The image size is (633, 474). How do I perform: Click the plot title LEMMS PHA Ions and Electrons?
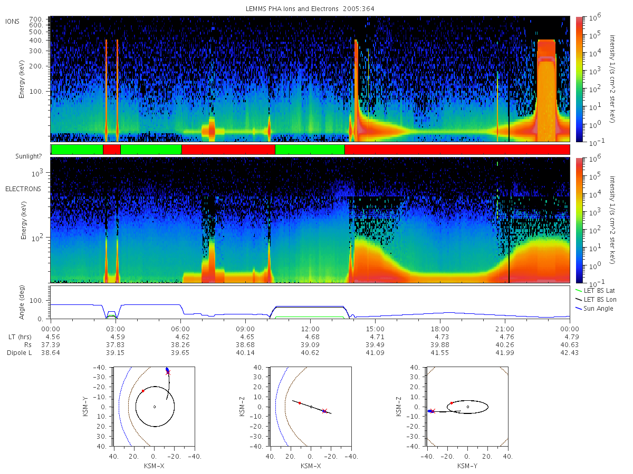pyautogui.click(x=292, y=8)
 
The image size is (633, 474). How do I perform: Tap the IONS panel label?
pyautogui.click(x=13, y=22)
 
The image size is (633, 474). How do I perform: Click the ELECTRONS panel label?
pyautogui.click(x=23, y=189)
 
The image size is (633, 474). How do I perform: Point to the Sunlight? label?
pyautogui.click(x=28, y=156)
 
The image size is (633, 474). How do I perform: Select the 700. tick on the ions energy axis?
pyautogui.click(x=36, y=19)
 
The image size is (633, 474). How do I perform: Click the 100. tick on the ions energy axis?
pyautogui.click(x=36, y=92)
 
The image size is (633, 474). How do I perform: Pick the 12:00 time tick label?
pyautogui.click(x=310, y=329)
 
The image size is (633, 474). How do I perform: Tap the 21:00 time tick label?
pyautogui.click(x=505, y=329)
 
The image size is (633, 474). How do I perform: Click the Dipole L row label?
pyautogui.click(x=19, y=353)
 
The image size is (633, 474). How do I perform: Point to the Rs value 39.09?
pyautogui.click(x=310, y=345)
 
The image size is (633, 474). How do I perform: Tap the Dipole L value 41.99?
pyautogui.click(x=505, y=353)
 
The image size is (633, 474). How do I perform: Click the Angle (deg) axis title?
pyautogui.click(x=22, y=302)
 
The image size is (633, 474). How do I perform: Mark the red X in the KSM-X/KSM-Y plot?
pyautogui.click(x=168, y=372)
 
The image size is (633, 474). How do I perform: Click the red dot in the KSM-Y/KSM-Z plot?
pyautogui.click(x=452, y=403)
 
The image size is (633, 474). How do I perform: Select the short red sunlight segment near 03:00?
pyautogui.click(x=112, y=150)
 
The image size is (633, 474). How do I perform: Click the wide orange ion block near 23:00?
pyautogui.click(x=546, y=91)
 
